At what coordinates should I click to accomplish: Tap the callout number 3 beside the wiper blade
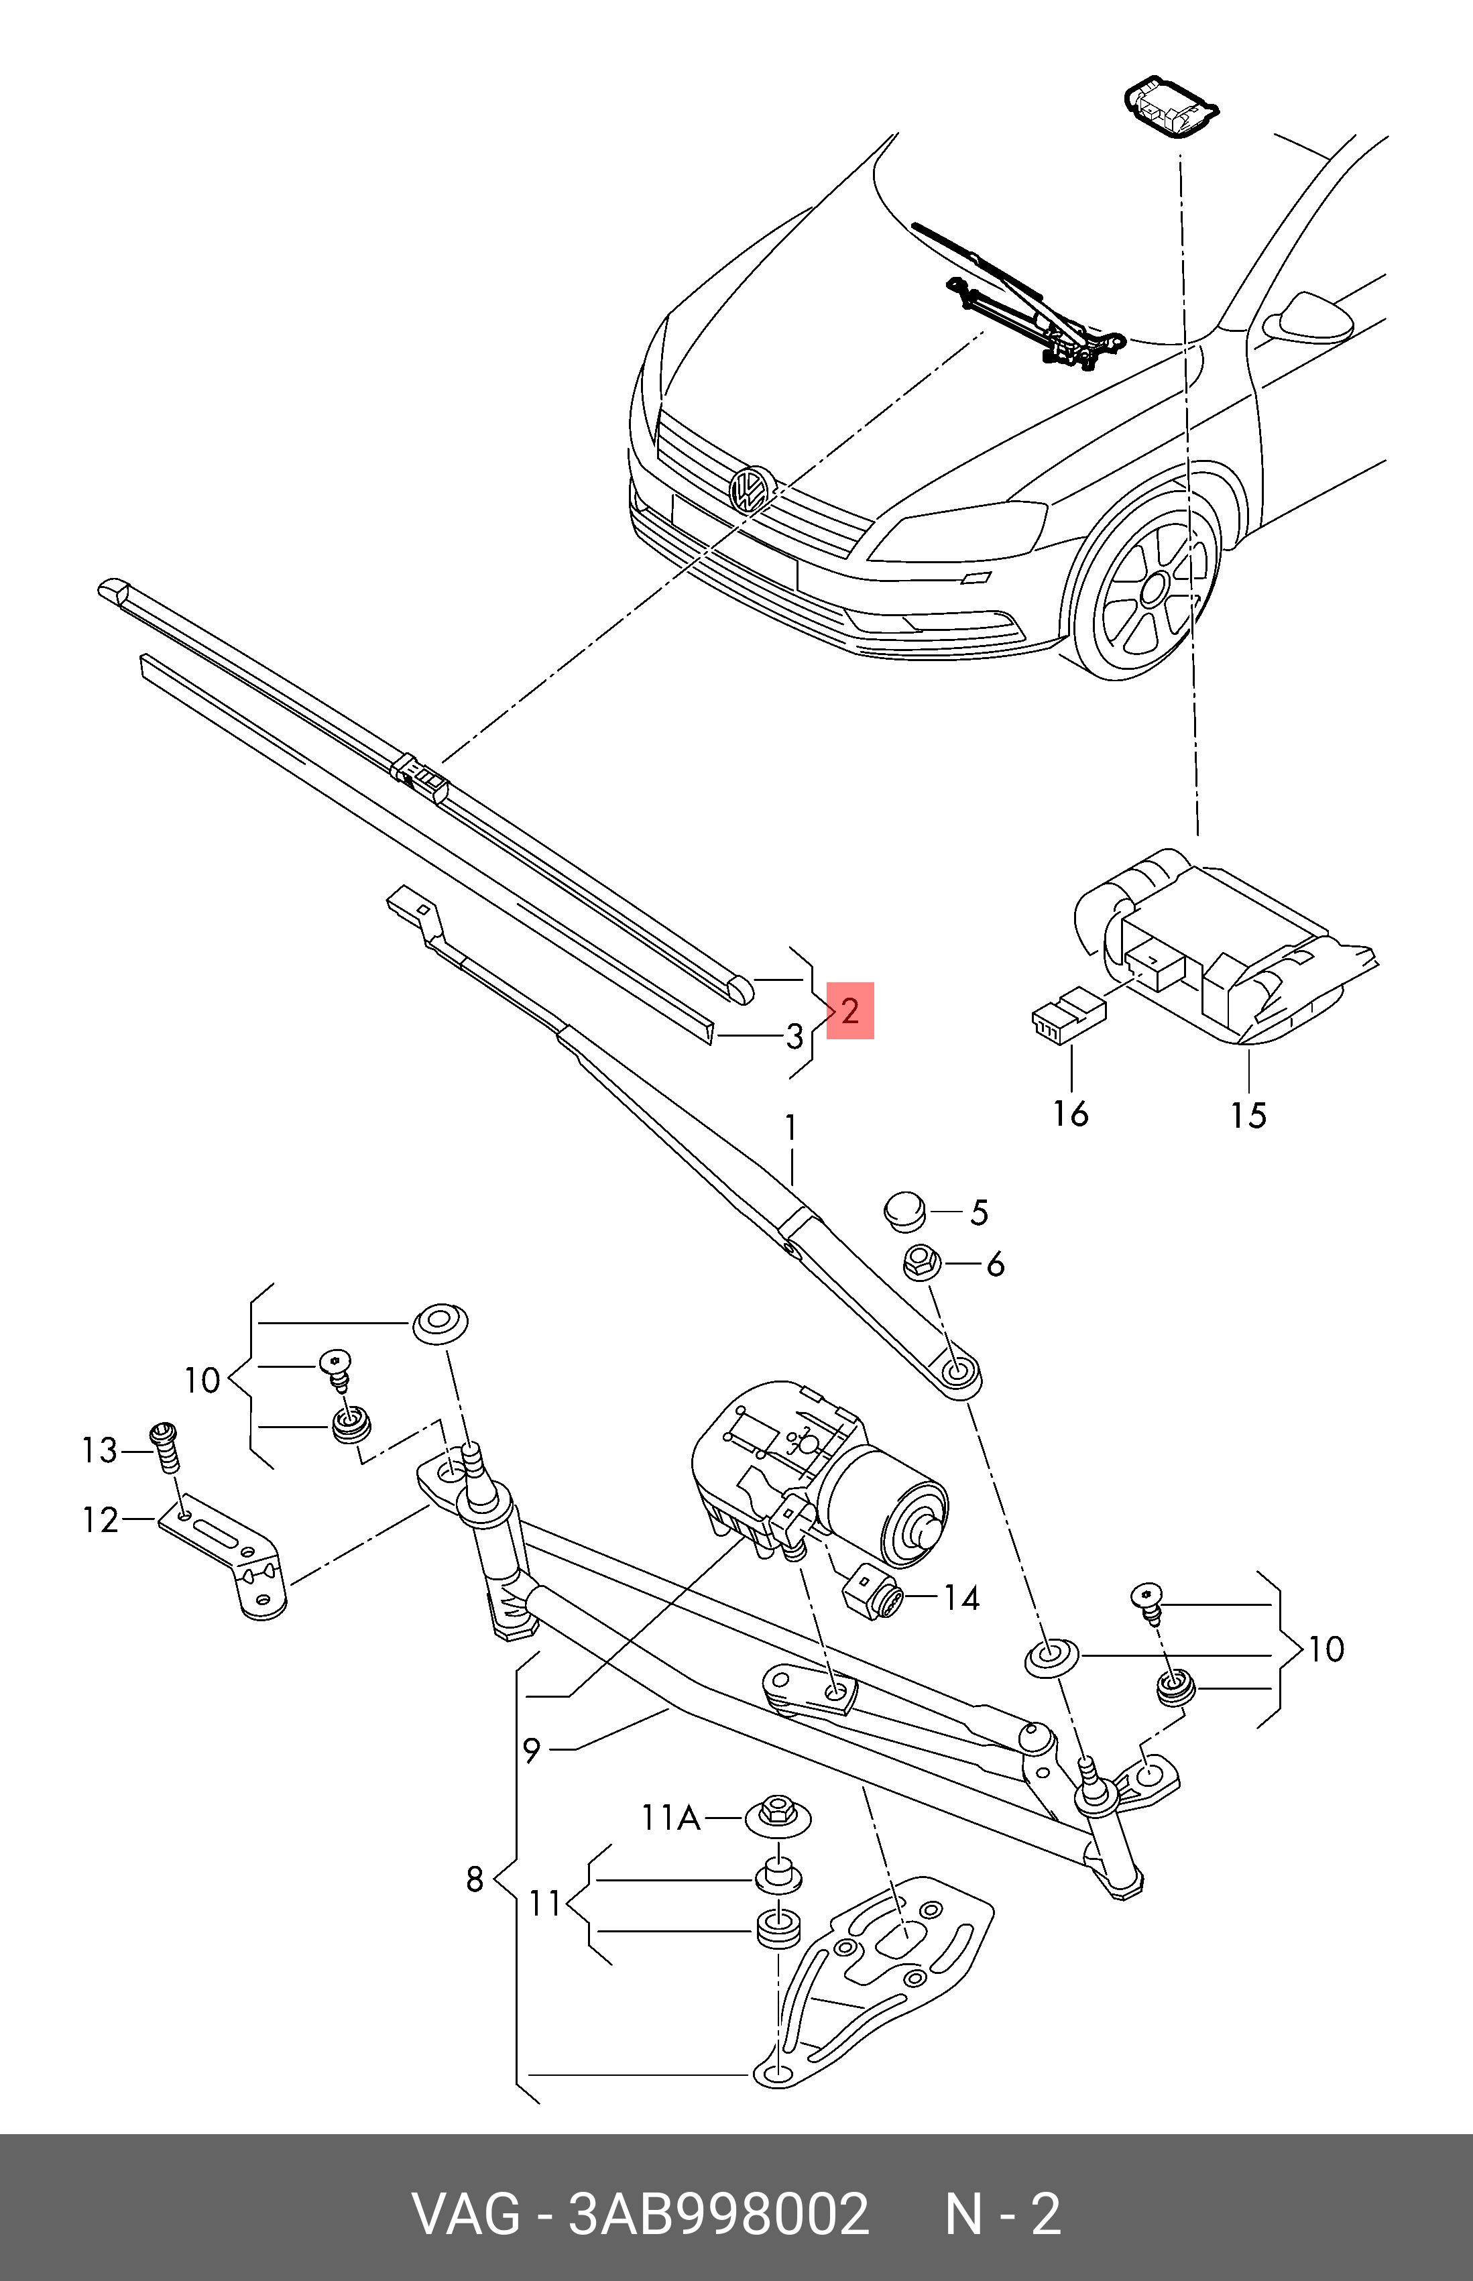point(794,1036)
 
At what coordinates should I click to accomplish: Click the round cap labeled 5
point(903,1212)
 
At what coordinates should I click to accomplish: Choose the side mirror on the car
point(1307,318)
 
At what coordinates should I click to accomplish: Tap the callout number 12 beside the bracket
point(101,1520)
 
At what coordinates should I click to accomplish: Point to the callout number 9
point(532,1750)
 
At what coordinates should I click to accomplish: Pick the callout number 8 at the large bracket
point(475,1879)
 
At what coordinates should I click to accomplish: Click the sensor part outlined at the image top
point(1168,107)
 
